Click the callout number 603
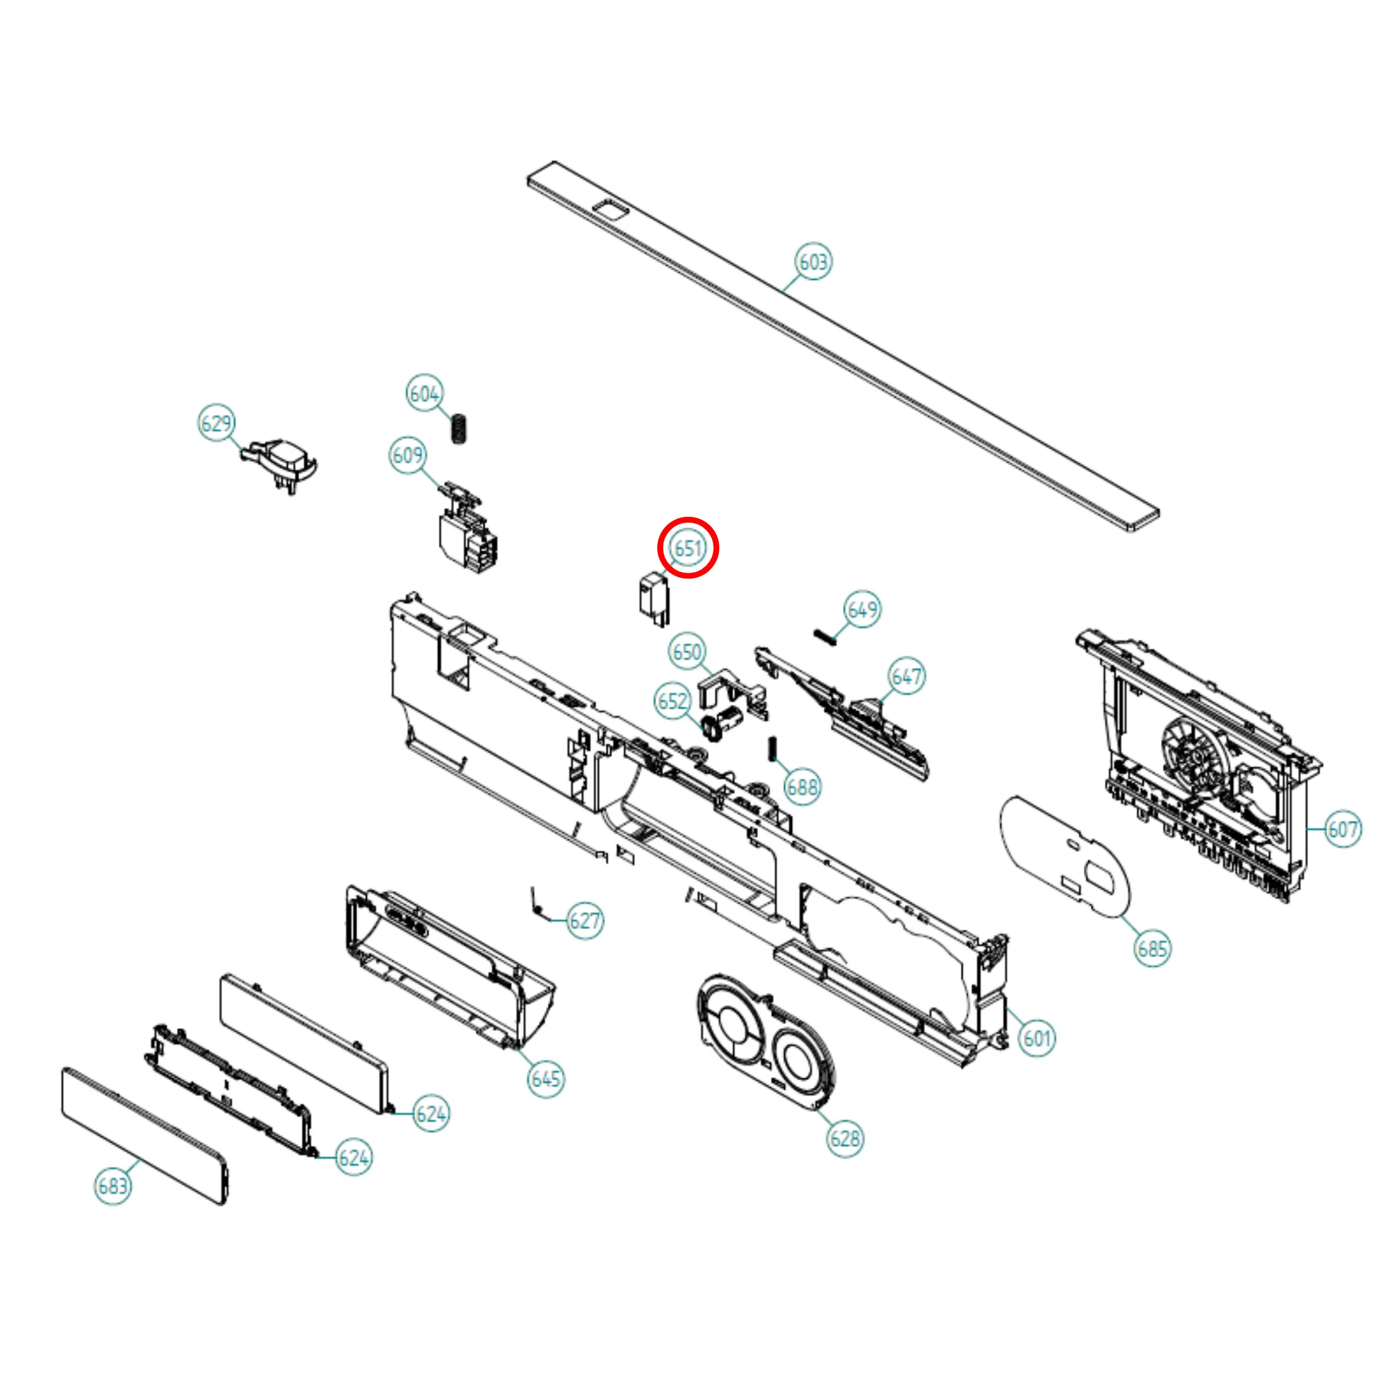pos(813,261)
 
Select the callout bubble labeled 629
pos(216,422)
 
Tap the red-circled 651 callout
pos(687,548)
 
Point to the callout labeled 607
pos(1343,828)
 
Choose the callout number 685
pos(1153,948)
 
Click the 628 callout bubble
pos(845,1139)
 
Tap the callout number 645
pos(546,1079)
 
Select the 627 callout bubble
pos(585,921)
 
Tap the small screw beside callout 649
pos(825,637)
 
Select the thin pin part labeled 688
pos(772,748)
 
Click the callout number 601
pos(1037,1038)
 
